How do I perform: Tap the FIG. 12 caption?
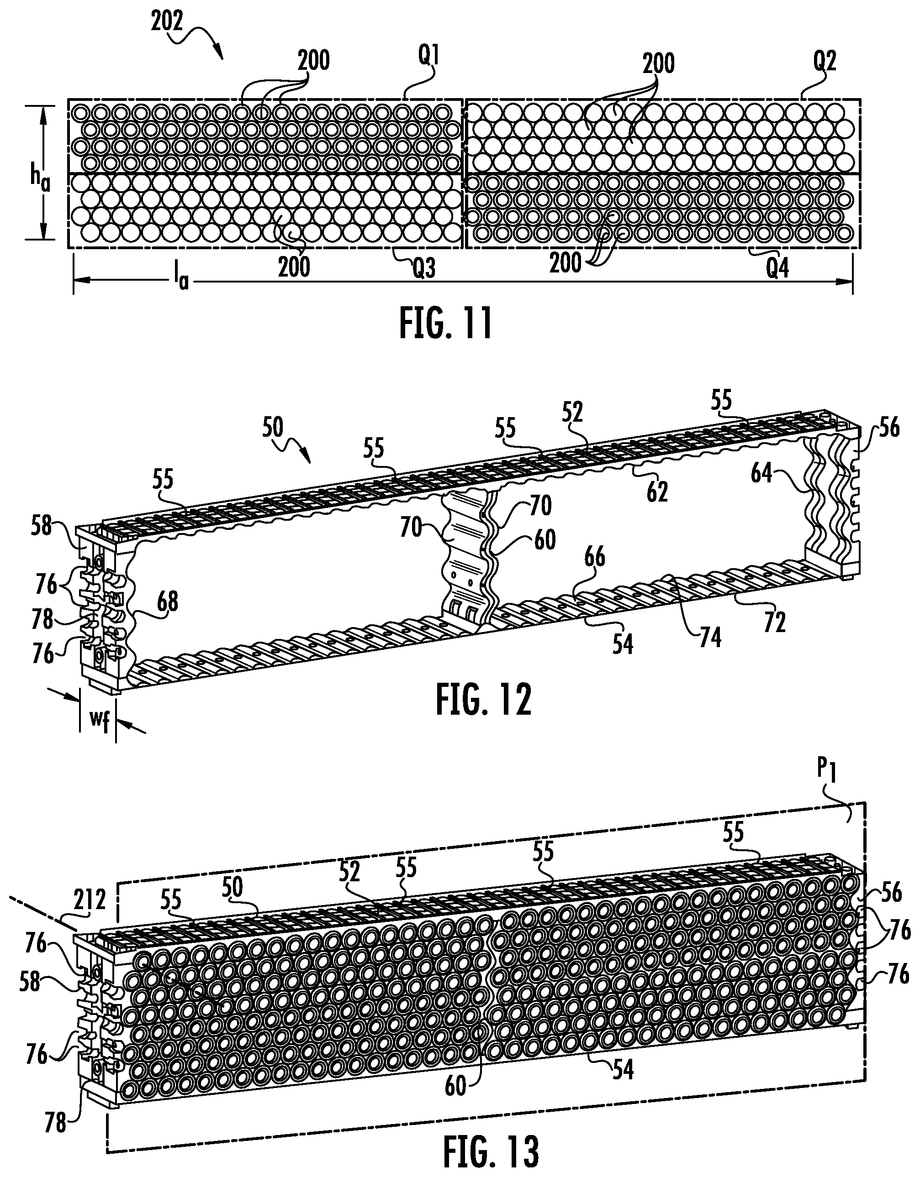[483, 699]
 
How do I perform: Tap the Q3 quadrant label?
[423, 268]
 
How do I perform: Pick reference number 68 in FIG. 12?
[167, 602]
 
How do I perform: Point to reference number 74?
[710, 637]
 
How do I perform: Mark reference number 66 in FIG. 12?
[594, 557]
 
